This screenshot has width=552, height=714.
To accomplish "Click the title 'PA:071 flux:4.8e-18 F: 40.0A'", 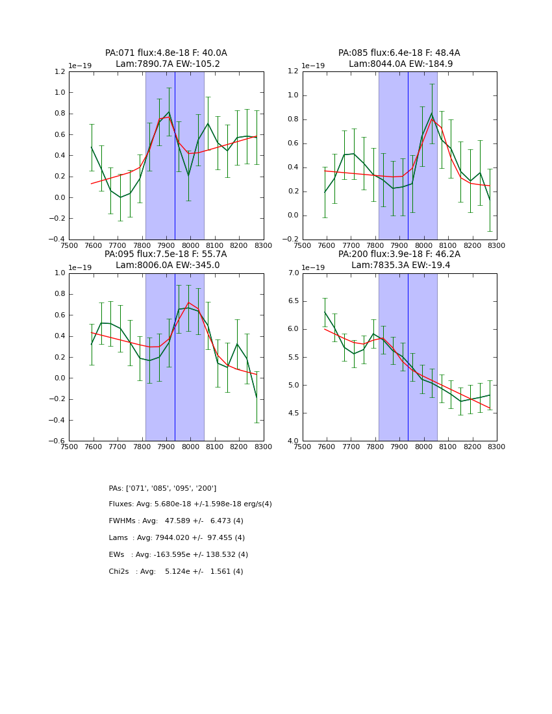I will point(166,53).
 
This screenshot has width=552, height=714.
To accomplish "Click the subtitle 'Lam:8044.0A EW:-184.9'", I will point(401,64).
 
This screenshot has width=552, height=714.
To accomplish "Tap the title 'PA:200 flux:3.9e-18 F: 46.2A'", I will point(399,254).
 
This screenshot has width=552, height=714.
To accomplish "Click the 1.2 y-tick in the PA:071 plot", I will point(58,71).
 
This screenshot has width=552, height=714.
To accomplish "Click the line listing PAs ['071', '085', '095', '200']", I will point(162,488).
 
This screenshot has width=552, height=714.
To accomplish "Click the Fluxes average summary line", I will point(190,504).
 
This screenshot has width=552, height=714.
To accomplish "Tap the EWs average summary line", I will point(179,555).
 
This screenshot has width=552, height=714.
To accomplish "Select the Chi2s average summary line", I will point(176,572).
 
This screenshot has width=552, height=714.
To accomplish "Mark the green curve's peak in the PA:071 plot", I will point(169,112).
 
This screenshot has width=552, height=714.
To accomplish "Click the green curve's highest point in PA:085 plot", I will point(431,114).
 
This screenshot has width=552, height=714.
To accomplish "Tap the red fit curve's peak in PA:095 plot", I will point(188,302).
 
